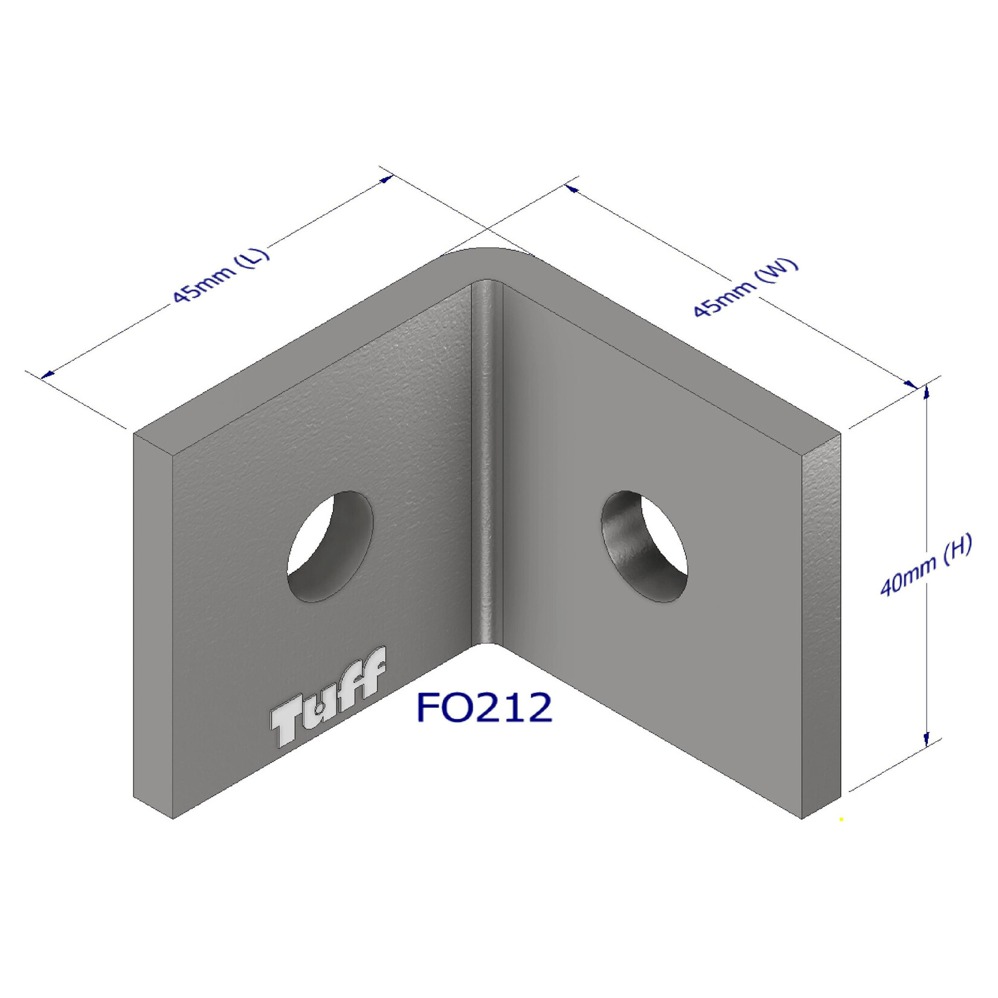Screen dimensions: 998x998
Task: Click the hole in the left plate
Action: pyautogui.click(x=330, y=546)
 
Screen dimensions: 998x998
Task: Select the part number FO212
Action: pyautogui.click(x=484, y=707)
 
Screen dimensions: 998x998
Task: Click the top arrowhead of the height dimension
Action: pyautogui.click(x=926, y=393)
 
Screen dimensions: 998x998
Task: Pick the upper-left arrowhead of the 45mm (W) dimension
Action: pyautogui.click(x=571, y=189)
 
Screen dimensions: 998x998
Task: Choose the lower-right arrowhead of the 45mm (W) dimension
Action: pyautogui.click(x=910, y=383)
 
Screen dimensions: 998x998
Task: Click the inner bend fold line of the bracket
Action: pyautogui.click(x=487, y=459)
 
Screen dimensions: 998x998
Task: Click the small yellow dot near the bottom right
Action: pyautogui.click(x=841, y=820)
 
